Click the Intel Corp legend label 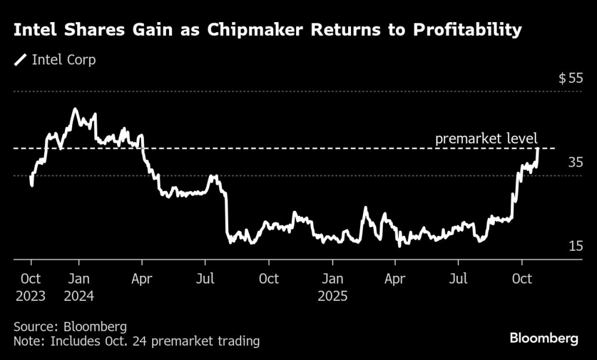click(63, 60)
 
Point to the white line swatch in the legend click(21, 60)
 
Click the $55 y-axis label click(570, 78)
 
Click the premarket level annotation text click(487, 139)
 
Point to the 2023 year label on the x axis click(30, 296)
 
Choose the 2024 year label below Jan click(79, 296)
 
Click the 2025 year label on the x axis click(332, 296)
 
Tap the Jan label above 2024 click(79, 279)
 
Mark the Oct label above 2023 click(30, 279)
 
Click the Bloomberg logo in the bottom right click(544, 339)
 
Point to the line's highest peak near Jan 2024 click(75, 109)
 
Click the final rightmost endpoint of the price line click(538, 149)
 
